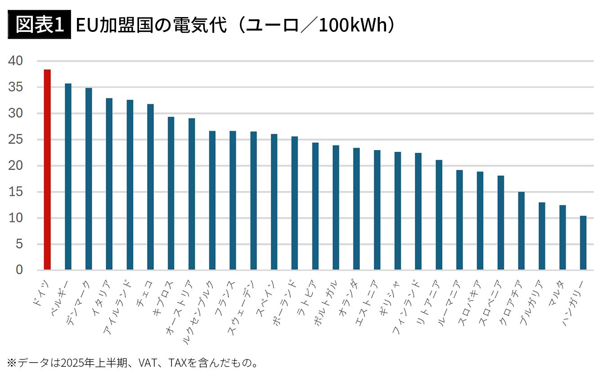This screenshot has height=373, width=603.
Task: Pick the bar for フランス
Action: pos(233,200)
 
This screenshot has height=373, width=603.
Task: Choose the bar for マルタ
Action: pos(562,237)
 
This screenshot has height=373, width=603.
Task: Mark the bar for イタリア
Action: pos(109,184)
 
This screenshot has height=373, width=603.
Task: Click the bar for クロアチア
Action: pos(521,231)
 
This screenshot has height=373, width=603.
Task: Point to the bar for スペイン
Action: pos(274,202)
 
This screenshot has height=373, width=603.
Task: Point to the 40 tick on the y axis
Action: pos(16,61)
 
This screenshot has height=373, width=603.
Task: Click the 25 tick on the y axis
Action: pos(16,140)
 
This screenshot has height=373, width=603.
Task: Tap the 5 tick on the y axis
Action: pos(19,244)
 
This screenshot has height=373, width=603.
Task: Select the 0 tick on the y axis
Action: pos(19,270)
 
